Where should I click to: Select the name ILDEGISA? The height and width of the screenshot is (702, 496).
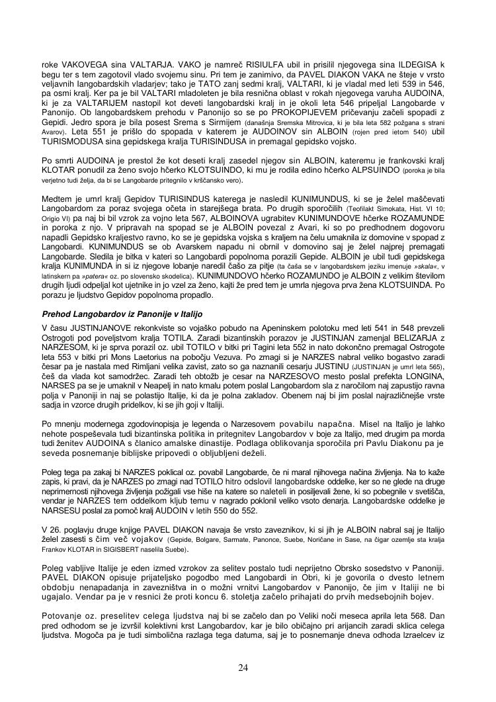pyautogui.click(x=419, y=66)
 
